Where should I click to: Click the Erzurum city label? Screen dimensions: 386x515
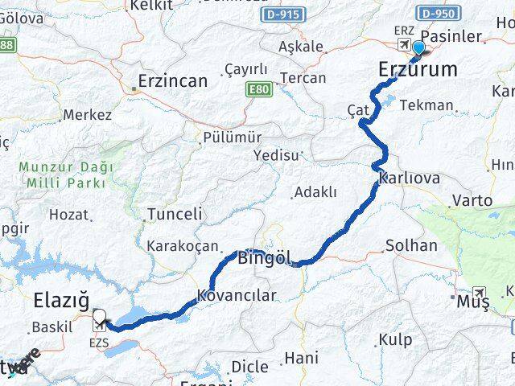pos(418,71)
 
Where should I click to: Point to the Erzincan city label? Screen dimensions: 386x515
pos(172,80)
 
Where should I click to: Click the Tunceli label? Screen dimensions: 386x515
pos(175,215)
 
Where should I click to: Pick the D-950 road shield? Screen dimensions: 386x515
pos(438,14)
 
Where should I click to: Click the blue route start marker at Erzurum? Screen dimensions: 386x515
pos(418,47)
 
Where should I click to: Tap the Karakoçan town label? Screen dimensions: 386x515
pos(182,245)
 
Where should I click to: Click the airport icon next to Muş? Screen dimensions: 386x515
pos(480,292)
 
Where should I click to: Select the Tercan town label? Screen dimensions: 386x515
pos(303,78)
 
